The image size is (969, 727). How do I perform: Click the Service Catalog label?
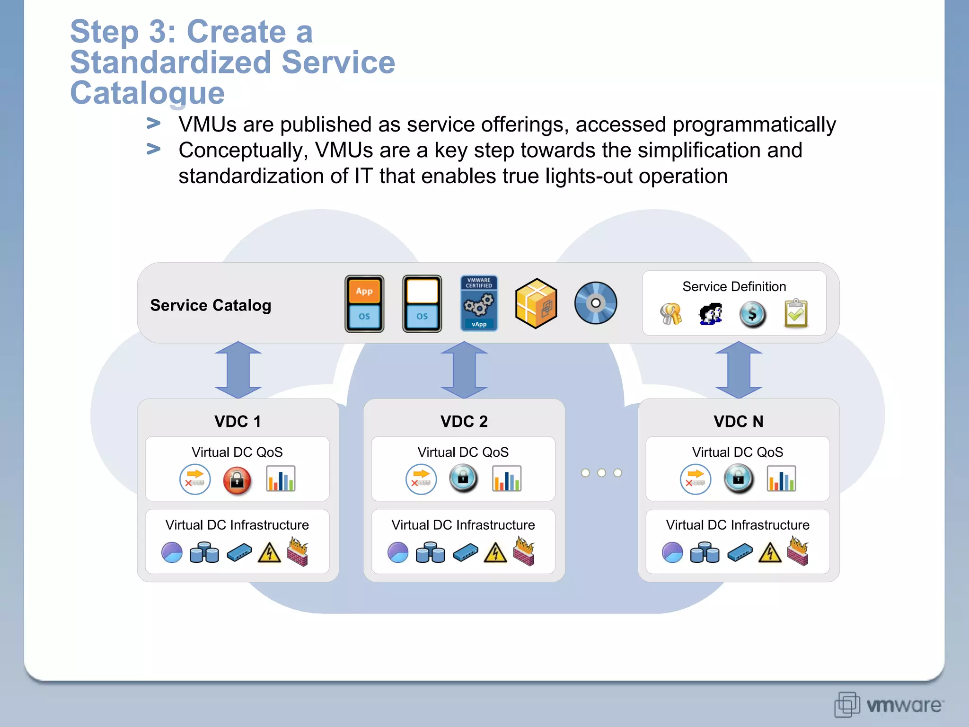coord(211,305)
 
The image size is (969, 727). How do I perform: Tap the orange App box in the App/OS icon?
coord(364,291)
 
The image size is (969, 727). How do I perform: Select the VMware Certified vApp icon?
coord(479,303)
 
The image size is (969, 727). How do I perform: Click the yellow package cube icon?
coord(536,303)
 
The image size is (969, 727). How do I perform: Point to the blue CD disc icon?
coord(595,303)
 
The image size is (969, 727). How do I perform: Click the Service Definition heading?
coord(734,286)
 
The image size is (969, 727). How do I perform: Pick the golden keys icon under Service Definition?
coord(670,313)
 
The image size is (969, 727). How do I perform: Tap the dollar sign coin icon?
coord(752,314)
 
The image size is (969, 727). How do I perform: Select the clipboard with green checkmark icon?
coord(796,313)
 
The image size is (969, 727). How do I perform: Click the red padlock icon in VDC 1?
coord(237,480)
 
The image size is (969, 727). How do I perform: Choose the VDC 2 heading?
coord(464,421)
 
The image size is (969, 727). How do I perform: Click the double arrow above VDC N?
coord(738,370)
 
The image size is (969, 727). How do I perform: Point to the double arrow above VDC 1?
coord(238,370)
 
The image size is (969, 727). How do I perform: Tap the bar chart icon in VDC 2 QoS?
coord(506,479)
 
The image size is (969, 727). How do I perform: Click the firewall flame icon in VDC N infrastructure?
coord(798,550)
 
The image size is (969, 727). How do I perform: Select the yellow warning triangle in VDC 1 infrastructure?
coord(269,552)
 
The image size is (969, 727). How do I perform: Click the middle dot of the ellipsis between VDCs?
coord(601,473)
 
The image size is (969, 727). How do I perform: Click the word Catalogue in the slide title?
coord(147,93)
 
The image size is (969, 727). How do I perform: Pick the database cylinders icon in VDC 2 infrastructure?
coord(430,552)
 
